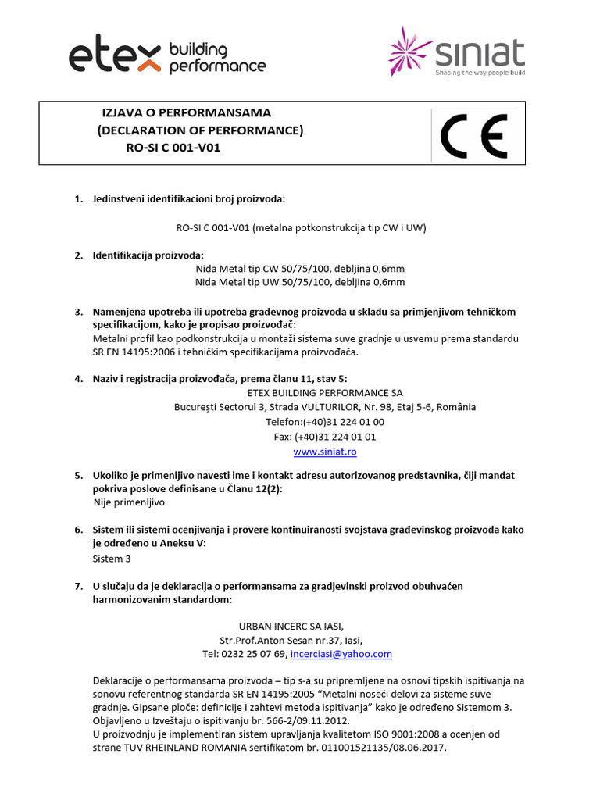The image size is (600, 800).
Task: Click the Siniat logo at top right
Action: click(457, 52)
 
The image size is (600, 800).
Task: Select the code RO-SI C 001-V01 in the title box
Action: click(173, 147)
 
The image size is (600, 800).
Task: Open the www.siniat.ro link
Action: click(325, 452)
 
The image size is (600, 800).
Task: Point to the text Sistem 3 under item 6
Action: click(112, 559)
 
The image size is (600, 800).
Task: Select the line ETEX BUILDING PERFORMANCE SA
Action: click(324, 392)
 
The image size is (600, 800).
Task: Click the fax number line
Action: click(325, 437)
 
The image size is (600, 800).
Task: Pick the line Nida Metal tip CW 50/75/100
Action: click(300, 269)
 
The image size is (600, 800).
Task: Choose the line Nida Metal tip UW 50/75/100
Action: click(300, 282)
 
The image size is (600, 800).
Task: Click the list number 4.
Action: click(78, 378)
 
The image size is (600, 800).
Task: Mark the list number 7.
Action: click(78, 585)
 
